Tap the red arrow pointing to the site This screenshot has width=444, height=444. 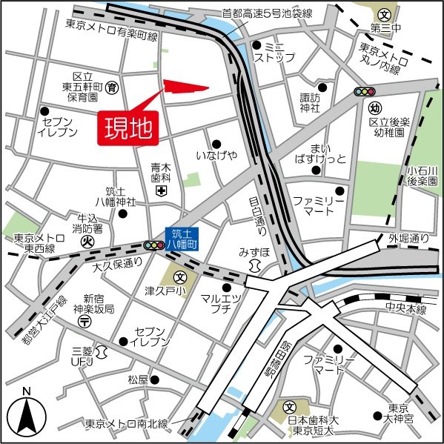[182, 88]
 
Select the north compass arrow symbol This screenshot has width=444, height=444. [26, 414]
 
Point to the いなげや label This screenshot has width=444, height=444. [216, 155]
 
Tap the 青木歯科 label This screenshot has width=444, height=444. [161, 173]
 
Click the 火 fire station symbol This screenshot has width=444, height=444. [87, 240]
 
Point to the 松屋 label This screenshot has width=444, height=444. [138, 380]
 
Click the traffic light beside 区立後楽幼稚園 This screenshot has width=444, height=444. [364, 92]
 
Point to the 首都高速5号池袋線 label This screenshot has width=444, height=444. [268, 13]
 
